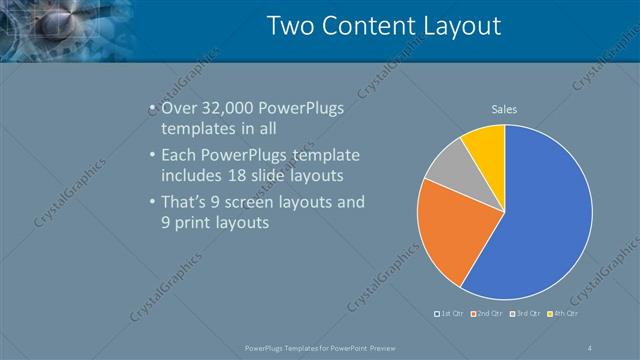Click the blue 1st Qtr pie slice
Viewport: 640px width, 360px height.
(x=540, y=220)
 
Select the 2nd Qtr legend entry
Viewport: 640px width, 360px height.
(x=488, y=314)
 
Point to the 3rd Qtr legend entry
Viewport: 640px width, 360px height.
(x=527, y=314)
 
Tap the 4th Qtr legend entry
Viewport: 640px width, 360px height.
(x=566, y=314)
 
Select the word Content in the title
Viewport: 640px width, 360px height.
(x=376, y=25)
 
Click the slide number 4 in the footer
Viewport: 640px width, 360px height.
(x=590, y=347)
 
